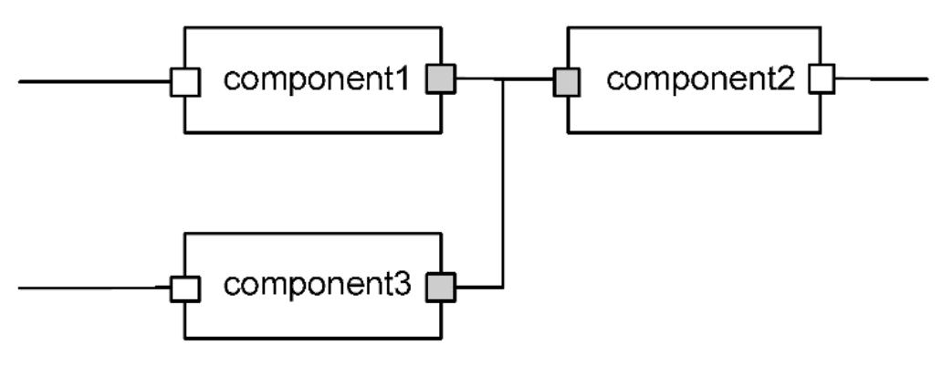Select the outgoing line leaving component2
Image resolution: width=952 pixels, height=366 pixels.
point(881,79)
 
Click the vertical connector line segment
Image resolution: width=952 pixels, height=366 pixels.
point(504,183)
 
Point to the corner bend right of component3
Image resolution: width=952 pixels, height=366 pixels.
point(504,288)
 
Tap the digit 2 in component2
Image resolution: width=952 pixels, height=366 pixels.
point(787,80)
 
